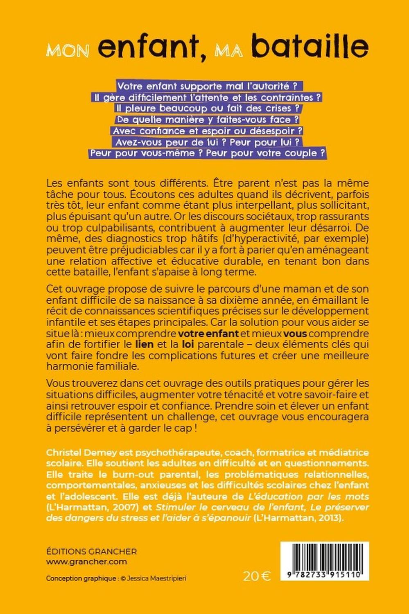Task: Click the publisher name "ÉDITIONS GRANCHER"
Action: [91, 551]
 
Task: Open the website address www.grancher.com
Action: [86, 562]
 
